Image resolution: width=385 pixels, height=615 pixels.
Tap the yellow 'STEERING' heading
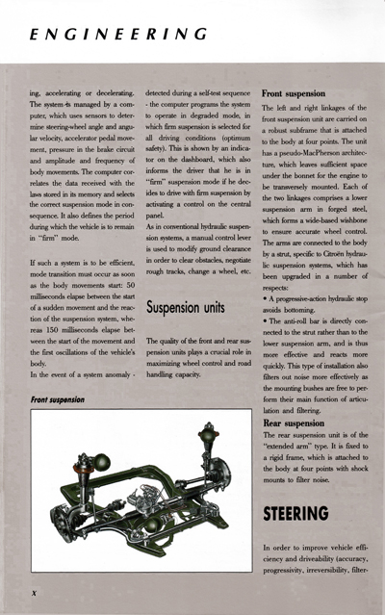click(295, 513)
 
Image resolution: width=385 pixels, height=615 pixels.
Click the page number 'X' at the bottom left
click(34, 593)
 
